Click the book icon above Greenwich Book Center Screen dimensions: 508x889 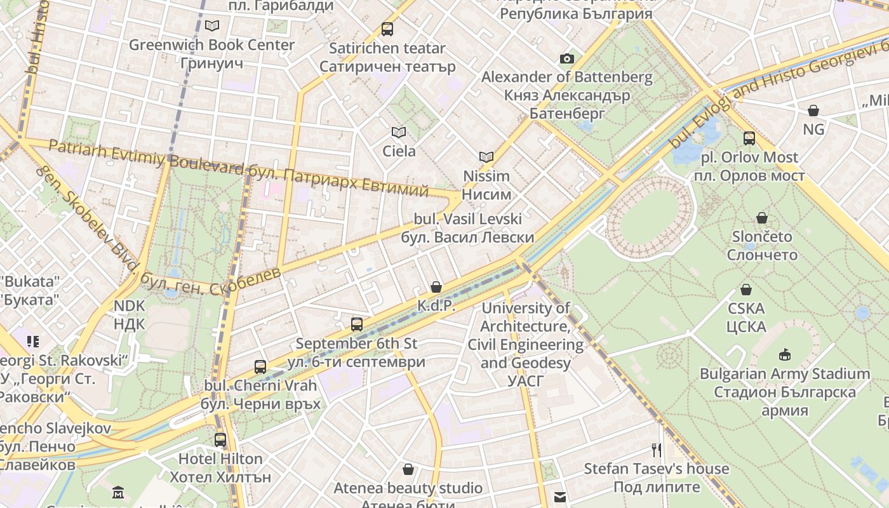click(211, 25)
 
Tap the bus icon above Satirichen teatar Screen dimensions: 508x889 click(387, 29)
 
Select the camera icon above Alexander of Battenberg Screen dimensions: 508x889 click(566, 58)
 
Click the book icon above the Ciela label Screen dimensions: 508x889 click(398, 132)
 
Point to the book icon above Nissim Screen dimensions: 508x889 click(486, 157)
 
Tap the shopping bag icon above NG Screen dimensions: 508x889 click(813, 110)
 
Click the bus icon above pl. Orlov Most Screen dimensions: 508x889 click(749, 138)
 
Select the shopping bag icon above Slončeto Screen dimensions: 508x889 click(762, 218)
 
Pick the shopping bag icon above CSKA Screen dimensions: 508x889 click(746, 290)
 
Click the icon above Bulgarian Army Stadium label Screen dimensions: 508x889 click(785, 354)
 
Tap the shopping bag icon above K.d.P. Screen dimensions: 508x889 click(436, 287)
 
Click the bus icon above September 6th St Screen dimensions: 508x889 click(356, 324)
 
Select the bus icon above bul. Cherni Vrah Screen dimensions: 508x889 click(260, 366)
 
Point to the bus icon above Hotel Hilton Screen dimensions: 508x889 click(220, 439)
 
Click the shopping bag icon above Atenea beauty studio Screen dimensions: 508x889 click(408, 469)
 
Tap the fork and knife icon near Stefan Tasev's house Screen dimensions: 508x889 click(657, 450)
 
